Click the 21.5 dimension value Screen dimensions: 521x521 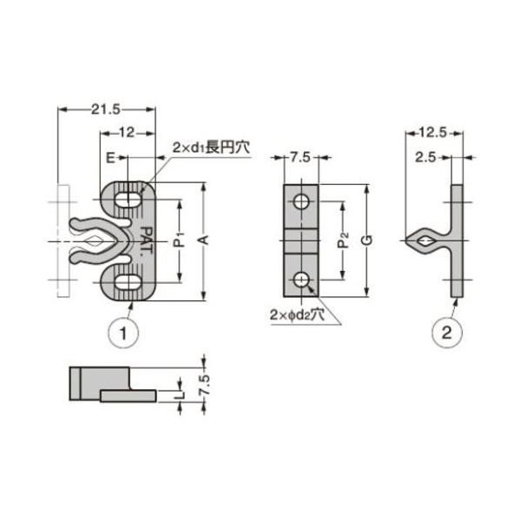(106, 109)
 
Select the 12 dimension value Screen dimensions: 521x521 (127, 133)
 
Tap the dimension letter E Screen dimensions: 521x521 (110, 158)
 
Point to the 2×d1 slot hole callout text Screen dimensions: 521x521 (211, 148)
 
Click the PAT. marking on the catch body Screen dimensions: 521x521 (146, 241)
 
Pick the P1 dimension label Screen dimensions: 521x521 (180, 240)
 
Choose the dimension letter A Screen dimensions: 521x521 (204, 240)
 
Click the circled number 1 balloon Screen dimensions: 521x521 (123, 333)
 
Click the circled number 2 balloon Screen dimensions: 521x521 (447, 333)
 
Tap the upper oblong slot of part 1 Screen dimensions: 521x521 (129, 200)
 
